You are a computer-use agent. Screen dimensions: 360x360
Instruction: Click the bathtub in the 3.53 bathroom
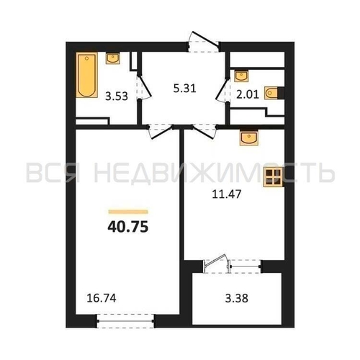click(x=87, y=75)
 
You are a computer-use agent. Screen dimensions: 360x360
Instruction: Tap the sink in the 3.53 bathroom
click(x=113, y=58)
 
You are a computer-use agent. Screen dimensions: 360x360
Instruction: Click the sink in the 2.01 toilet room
click(x=241, y=76)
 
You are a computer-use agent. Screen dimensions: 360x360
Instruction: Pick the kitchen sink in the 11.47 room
click(x=249, y=138)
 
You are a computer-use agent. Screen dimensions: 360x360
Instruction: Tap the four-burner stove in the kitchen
click(x=273, y=177)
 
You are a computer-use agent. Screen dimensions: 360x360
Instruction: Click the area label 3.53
click(x=117, y=96)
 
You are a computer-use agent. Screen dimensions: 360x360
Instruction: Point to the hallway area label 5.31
click(x=185, y=89)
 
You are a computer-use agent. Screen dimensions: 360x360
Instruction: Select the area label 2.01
click(x=248, y=94)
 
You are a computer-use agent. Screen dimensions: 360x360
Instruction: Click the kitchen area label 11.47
click(x=227, y=194)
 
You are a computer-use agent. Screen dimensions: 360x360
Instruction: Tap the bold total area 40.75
click(x=128, y=227)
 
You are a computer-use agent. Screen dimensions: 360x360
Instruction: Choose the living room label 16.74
click(x=102, y=298)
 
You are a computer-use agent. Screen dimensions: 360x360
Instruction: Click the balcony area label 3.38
click(x=237, y=299)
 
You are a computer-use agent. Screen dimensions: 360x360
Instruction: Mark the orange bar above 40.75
click(x=128, y=212)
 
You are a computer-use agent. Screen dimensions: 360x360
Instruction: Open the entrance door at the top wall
click(x=203, y=41)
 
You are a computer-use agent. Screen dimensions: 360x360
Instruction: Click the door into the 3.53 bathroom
click(x=144, y=87)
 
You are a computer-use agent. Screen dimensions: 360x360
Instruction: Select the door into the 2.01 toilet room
click(x=222, y=89)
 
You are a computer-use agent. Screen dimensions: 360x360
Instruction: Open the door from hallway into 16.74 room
click(x=161, y=131)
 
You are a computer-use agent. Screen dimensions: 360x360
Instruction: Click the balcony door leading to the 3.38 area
click(x=216, y=264)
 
